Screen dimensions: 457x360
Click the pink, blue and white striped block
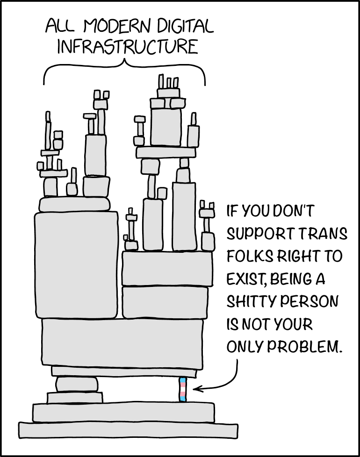[x=182, y=390]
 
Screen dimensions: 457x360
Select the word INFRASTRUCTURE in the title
[x=125, y=47]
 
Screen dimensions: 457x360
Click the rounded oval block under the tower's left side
[x=77, y=384]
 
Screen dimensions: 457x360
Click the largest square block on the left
[x=76, y=265]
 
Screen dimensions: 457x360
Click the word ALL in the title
[x=60, y=26]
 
